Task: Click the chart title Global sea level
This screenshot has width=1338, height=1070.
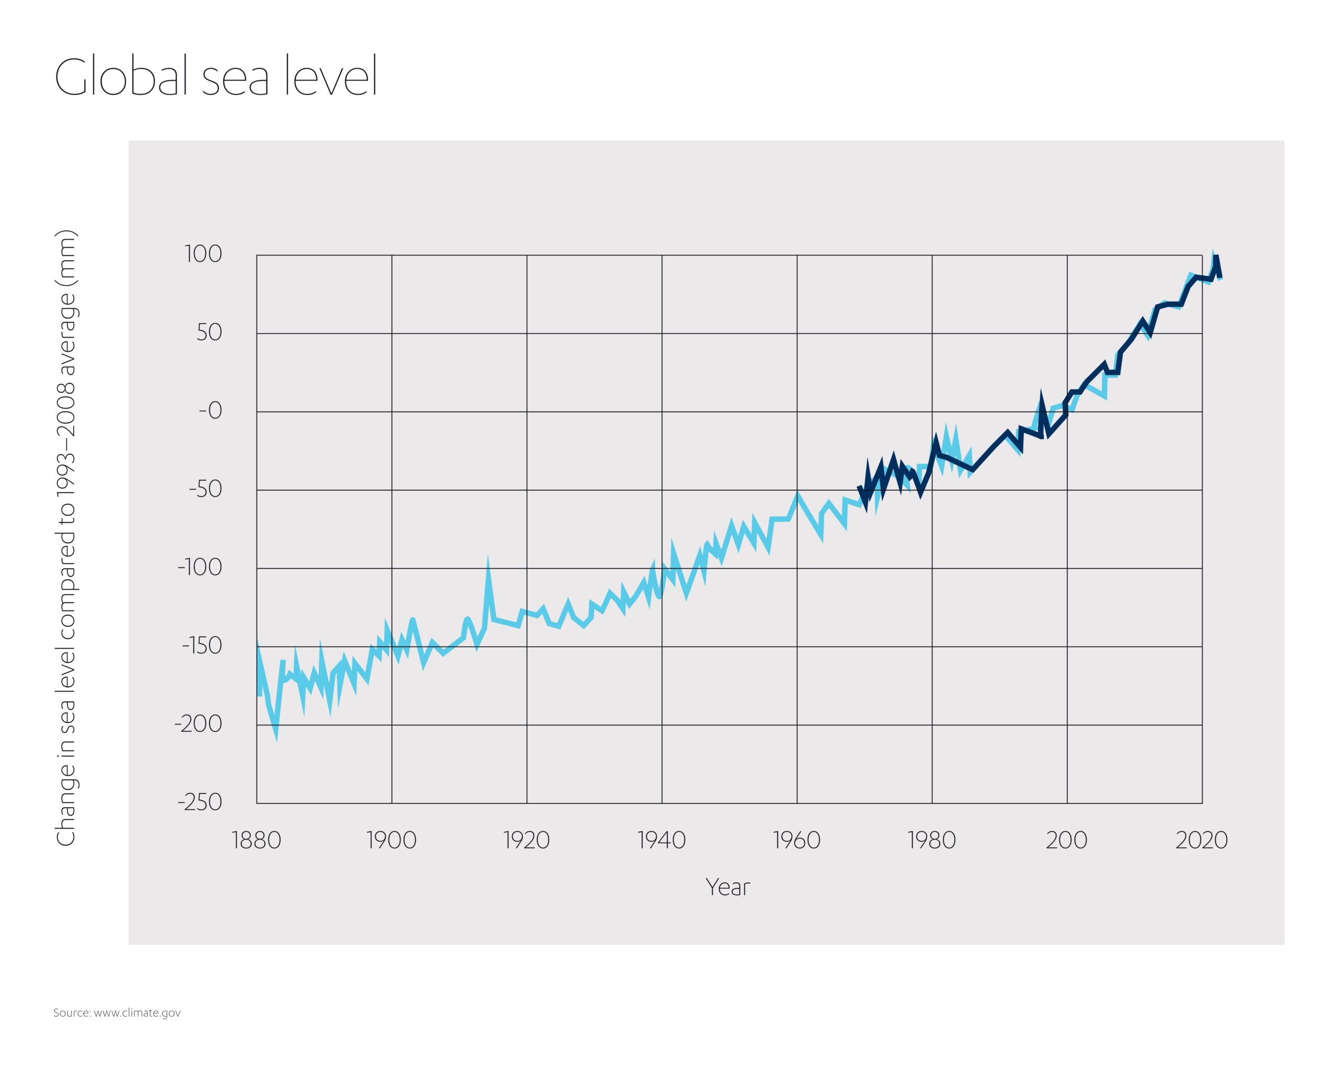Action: coord(215,77)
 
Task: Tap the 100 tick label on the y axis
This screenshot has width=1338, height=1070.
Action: coord(203,254)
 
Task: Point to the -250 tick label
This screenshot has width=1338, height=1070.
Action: coord(199,802)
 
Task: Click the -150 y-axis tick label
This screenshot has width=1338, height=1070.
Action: coord(201,646)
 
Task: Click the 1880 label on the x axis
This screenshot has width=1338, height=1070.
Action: coord(256,841)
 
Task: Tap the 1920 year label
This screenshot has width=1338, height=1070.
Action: coord(526,841)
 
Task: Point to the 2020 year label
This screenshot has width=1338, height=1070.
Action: coord(1202,841)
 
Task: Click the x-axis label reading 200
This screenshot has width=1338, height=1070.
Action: coord(1066,841)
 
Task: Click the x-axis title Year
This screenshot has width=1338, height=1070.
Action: coord(728,888)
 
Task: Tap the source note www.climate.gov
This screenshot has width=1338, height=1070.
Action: coord(117,1013)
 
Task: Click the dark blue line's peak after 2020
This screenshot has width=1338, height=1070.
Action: coord(1216,257)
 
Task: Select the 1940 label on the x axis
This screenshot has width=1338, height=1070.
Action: coord(662,841)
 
